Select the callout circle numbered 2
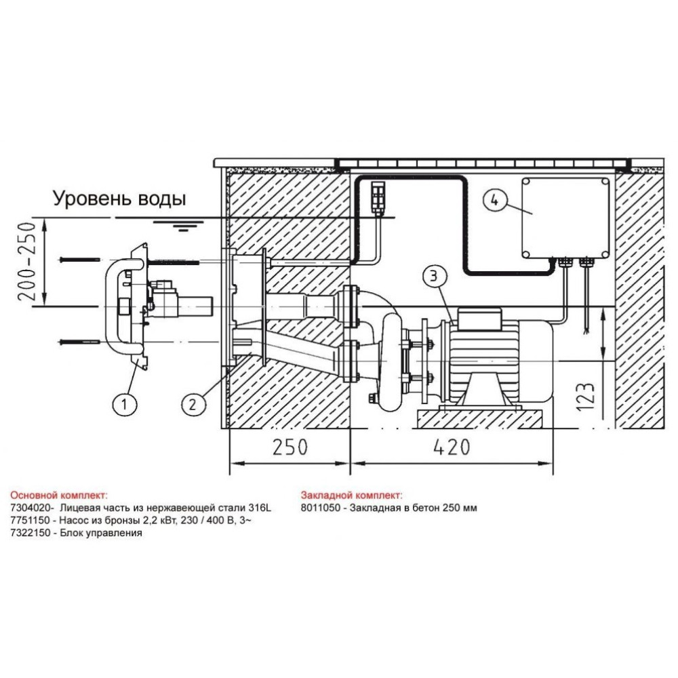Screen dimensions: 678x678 click(192, 404)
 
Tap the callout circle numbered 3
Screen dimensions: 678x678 click(434, 277)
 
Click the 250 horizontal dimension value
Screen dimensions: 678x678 click(290, 447)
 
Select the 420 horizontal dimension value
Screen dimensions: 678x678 click(452, 447)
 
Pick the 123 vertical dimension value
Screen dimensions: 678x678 click(586, 397)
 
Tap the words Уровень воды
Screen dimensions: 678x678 click(120, 199)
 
